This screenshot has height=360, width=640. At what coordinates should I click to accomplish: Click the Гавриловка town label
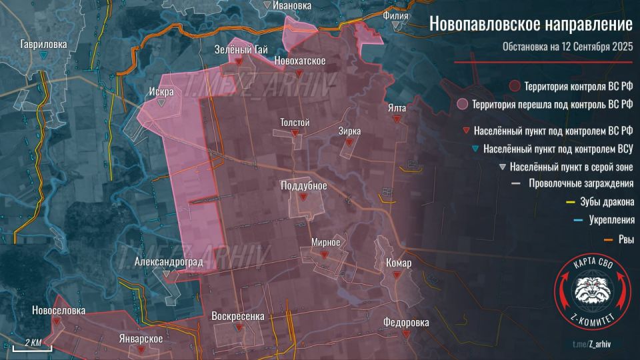[43, 45]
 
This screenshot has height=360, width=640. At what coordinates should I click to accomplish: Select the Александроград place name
[168, 262]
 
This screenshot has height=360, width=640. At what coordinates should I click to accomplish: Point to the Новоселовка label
[59, 311]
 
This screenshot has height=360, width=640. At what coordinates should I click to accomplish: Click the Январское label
[140, 339]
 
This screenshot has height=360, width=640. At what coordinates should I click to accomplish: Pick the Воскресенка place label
[238, 316]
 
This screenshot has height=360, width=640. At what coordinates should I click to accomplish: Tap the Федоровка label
[406, 323]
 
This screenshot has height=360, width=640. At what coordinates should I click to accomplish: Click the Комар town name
[399, 263]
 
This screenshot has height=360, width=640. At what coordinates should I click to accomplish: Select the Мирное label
[326, 241]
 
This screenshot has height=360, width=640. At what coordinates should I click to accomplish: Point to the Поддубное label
[303, 185]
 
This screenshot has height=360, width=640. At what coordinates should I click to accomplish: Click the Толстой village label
[295, 123]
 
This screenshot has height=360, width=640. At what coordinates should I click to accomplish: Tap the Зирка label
[349, 131]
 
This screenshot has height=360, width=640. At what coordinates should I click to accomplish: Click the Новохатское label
[300, 61]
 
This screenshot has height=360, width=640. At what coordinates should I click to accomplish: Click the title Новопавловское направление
[530, 24]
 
